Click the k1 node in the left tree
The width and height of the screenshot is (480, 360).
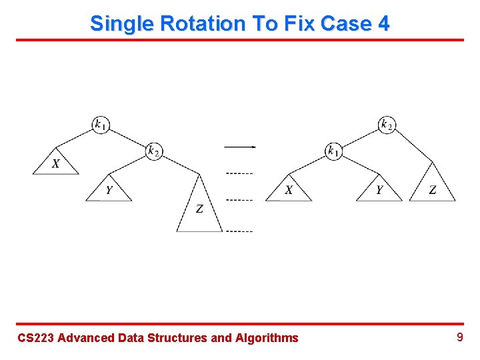[101, 124]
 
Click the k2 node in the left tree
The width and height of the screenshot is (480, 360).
[154, 151]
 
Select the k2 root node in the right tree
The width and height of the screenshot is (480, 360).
[387, 124]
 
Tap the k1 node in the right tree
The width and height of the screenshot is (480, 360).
[334, 151]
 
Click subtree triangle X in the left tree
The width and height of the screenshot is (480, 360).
[56, 164]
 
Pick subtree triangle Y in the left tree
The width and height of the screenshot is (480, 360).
[109, 191]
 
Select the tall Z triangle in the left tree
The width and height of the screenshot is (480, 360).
[199, 209]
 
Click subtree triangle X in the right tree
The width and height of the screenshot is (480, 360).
[289, 191]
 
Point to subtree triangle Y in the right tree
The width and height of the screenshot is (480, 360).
[379, 191]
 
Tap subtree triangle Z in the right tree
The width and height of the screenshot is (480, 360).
[433, 190]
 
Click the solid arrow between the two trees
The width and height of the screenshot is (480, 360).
[240, 147]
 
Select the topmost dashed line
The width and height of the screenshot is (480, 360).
[239, 173]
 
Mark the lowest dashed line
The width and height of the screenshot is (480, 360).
[239, 231]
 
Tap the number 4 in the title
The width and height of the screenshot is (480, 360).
[383, 23]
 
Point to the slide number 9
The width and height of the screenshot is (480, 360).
[459, 337]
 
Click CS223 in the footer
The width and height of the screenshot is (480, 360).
[35, 338]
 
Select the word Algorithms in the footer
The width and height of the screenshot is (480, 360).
[267, 338]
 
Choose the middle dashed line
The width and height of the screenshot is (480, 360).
[239, 200]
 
